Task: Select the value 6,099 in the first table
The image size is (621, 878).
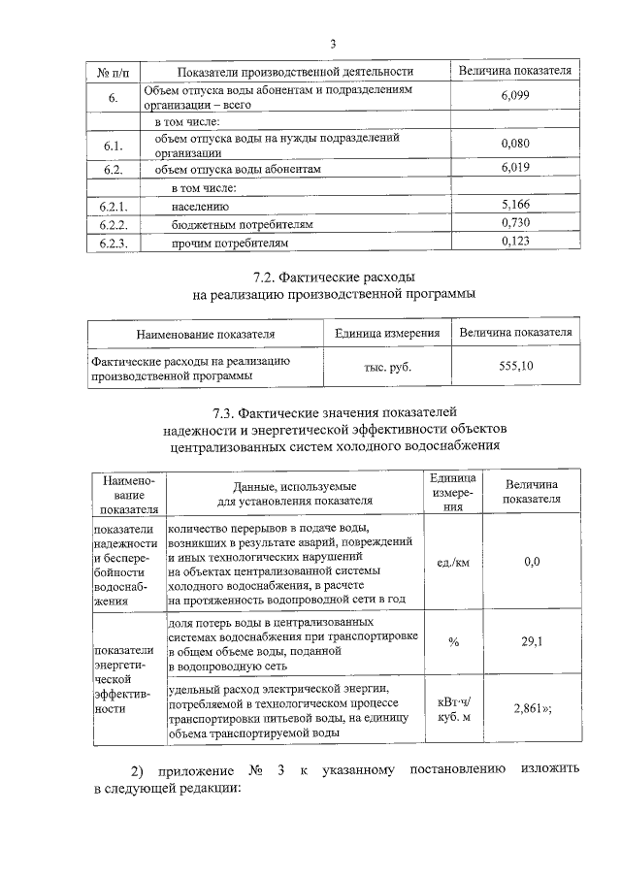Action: (x=514, y=97)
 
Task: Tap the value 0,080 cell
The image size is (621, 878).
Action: (x=514, y=145)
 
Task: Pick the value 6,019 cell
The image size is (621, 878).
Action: (x=514, y=168)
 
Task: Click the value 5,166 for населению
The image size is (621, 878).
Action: (x=514, y=206)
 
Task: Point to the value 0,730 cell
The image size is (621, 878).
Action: (x=514, y=224)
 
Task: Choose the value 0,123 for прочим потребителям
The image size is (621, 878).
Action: (x=514, y=242)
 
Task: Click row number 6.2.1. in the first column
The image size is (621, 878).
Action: (x=114, y=207)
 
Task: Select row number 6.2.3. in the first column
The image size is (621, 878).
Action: (x=114, y=243)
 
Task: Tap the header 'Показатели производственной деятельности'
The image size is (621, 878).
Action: (x=293, y=71)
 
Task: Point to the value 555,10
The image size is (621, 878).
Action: (x=514, y=366)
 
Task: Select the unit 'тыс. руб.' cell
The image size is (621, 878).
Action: (x=387, y=367)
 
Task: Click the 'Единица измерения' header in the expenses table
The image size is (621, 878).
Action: (x=387, y=334)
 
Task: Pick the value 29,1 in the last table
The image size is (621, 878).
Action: (x=532, y=641)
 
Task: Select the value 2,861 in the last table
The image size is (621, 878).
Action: (x=532, y=709)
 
